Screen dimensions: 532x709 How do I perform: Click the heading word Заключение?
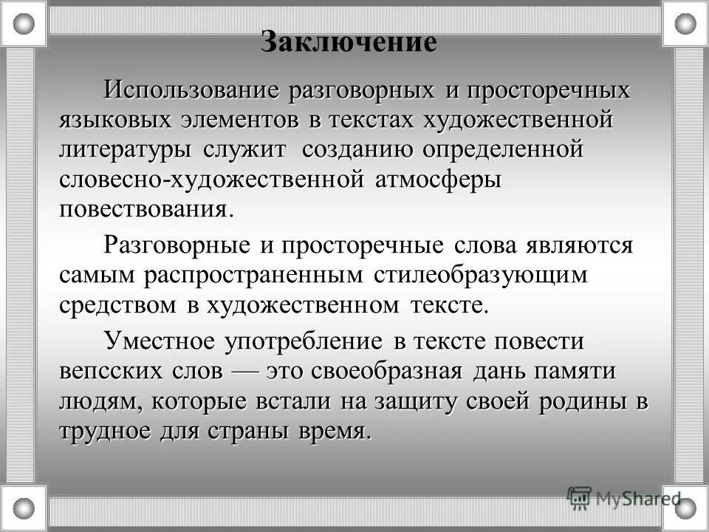pyautogui.click(x=349, y=41)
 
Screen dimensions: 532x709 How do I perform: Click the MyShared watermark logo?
pyautogui.click(x=624, y=497)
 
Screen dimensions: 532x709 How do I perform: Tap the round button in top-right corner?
pyautogui.click(x=685, y=24)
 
